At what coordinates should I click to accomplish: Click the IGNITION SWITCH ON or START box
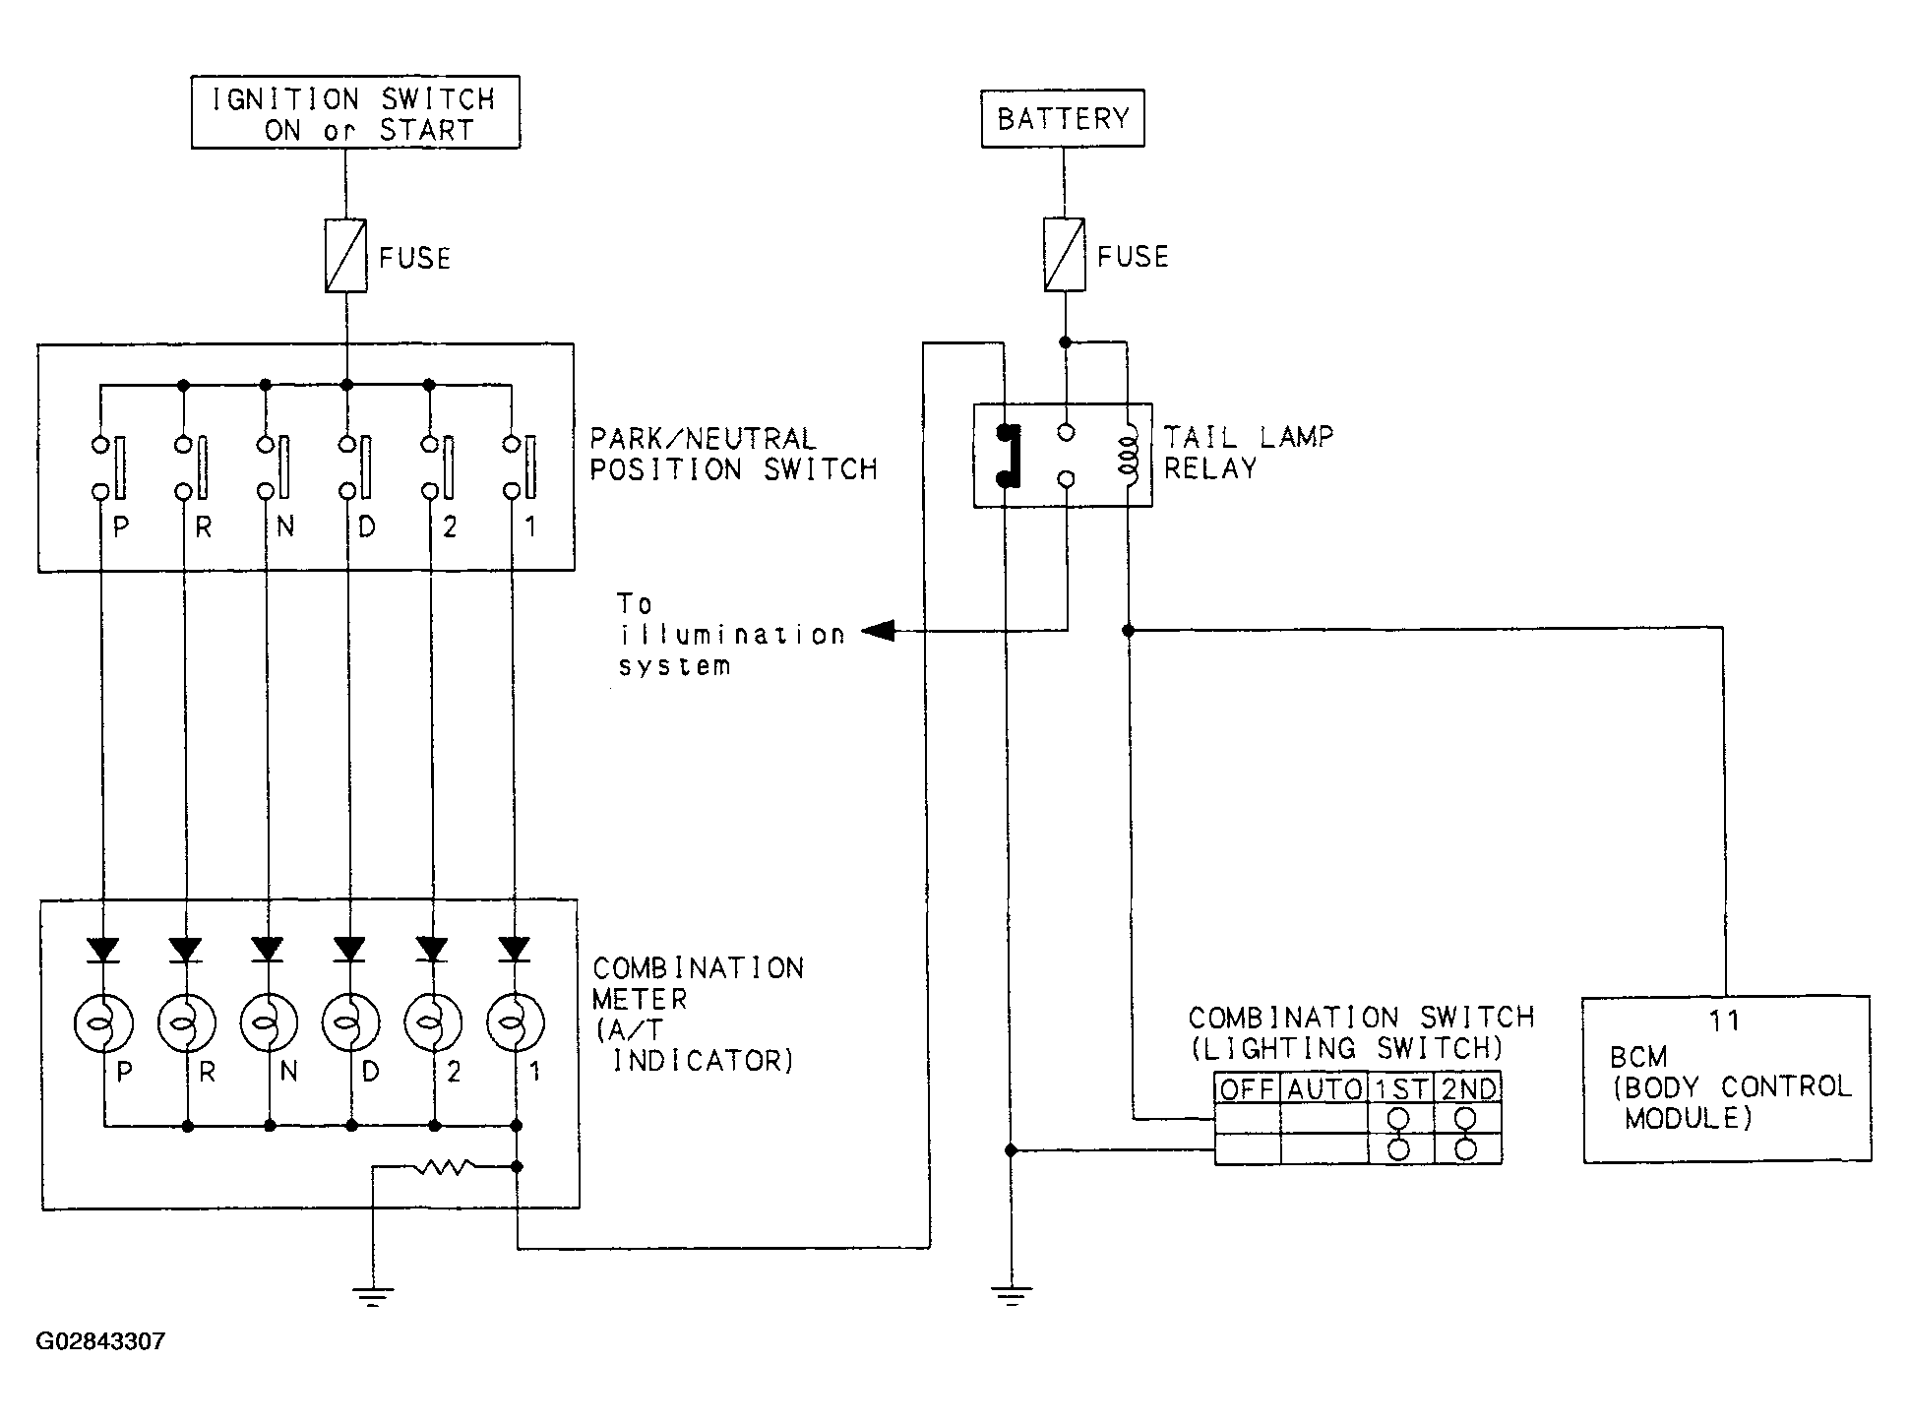point(355,112)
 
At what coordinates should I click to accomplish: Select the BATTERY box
point(1063,119)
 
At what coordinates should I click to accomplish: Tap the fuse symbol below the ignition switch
point(345,256)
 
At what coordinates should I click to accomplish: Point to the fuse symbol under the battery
point(1064,255)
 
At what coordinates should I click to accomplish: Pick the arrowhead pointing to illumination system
point(878,631)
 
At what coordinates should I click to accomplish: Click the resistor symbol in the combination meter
point(446,1167)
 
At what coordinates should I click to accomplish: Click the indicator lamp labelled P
point(103,1023)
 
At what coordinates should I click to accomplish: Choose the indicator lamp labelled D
point(350,1023)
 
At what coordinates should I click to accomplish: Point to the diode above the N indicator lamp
point(267,949)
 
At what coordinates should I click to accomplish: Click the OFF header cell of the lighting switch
point(1247,1087)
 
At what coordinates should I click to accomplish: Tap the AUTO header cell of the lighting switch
point(1324,1087)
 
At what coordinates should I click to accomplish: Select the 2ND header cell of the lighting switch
point(1468,1087)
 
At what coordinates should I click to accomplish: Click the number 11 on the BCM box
point(1725,1021)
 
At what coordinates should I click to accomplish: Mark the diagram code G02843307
point(100,1341)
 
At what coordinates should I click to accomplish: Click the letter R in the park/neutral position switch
point(204,527)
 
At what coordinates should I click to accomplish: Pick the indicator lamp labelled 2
point(433,1023)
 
